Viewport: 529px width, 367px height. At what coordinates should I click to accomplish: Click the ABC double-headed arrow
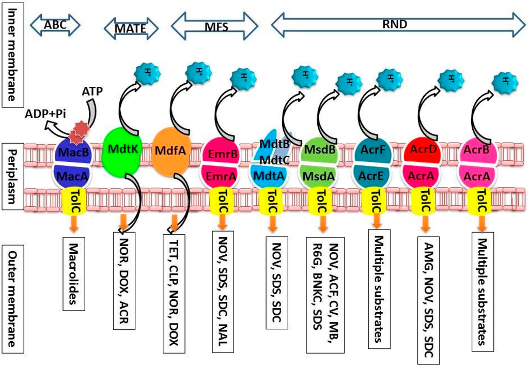click(56, 23)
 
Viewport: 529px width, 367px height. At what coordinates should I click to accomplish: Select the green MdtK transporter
click(122, 150)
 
